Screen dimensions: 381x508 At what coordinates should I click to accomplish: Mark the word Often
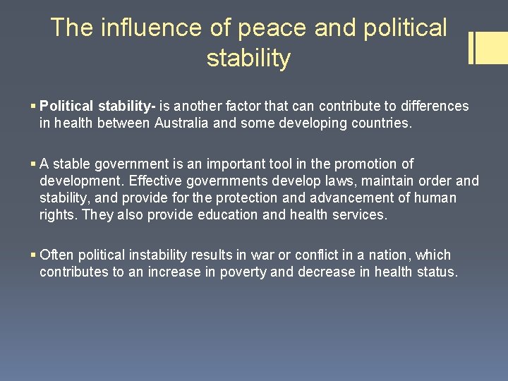[x=57, y=255]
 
